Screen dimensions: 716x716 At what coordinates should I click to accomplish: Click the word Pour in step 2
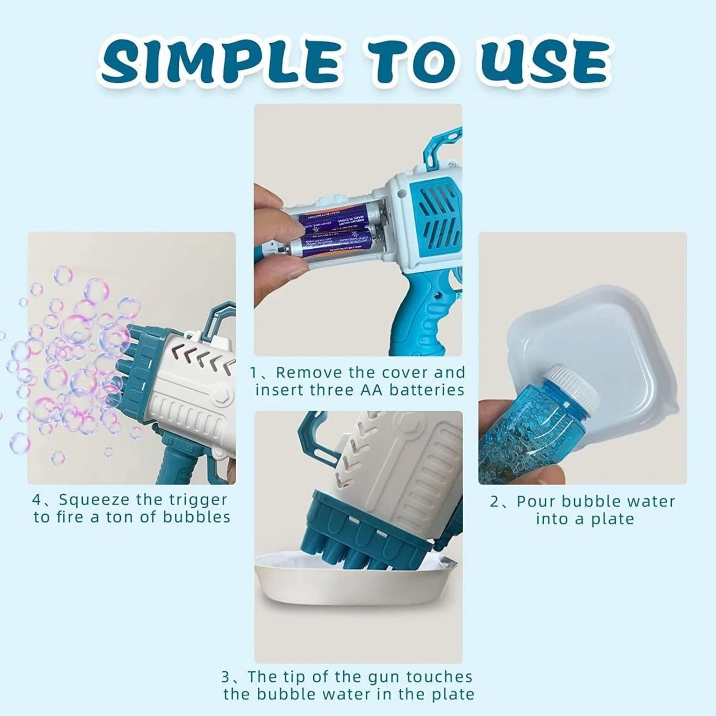pos(535,501)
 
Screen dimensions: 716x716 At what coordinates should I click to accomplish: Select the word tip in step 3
pos(323,677)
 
